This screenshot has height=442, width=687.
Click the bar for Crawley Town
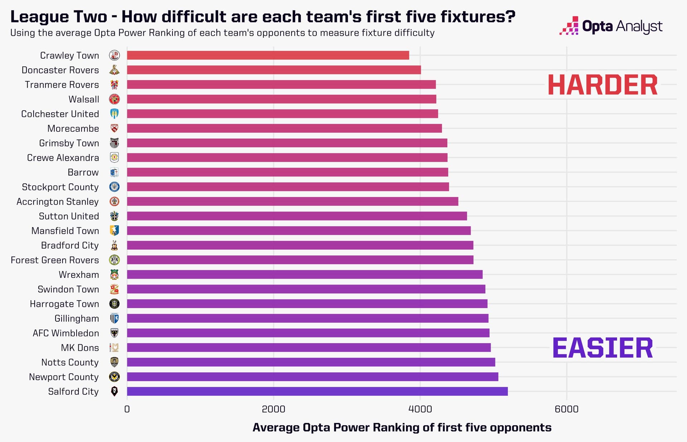coord(268,55)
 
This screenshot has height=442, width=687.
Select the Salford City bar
coord(317,391)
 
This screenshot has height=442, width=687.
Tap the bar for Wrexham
coord(304,275)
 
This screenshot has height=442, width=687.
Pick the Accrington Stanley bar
coord(292,201)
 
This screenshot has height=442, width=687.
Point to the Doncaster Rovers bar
coord(274,70)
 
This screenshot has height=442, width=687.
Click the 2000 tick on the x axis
coord(273,409)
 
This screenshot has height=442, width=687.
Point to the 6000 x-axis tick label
coord(566,409)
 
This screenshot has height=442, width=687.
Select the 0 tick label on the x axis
coord(127,409)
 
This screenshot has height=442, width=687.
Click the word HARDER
coord(603,85)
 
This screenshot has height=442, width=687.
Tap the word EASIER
coord(603,348)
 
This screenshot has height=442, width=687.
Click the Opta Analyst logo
coord(611,26)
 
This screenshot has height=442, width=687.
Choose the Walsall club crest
coord(114,99)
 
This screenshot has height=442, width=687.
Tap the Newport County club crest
coord(114,377)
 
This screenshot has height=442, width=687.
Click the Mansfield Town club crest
coord(114,230)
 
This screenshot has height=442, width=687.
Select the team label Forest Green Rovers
coord(55,260)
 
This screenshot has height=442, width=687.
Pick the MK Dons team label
coord(80,348)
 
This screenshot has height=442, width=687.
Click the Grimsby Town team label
coord(69,143)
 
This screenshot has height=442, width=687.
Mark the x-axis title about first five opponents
coord(402,427)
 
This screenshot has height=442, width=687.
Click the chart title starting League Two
coord(263,16)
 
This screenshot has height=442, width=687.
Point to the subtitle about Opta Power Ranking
coord(222,33)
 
